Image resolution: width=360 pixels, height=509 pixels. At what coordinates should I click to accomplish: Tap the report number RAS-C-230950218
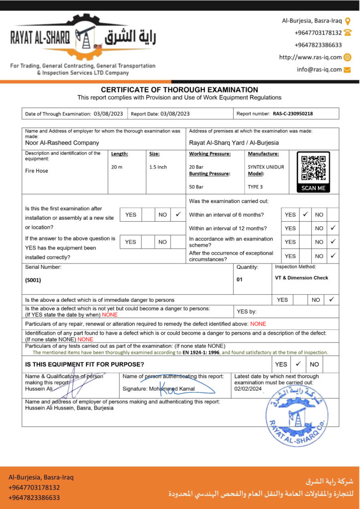(x=293, y=113)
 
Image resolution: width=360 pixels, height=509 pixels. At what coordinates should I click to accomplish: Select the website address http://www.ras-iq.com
(x=310, y=57)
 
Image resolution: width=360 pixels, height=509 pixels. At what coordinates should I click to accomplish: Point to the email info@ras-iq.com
(x=319, y=70)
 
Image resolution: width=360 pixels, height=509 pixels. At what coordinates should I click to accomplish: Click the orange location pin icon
(x=348, y=21)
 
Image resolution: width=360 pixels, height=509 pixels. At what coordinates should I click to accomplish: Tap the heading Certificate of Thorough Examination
(x=180, y=89)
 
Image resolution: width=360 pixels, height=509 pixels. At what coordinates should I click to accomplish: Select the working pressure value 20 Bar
(x=196, y=167)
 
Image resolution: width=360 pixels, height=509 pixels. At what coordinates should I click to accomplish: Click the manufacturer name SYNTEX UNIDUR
(x=266, y=167)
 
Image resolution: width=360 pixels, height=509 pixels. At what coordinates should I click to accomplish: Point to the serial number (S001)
(x=33, y=280)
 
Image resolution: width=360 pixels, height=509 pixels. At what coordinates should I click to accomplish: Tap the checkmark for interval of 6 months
(x=305, y=214)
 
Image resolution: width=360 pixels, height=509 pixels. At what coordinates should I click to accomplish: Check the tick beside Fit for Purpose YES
(x=298, y=364)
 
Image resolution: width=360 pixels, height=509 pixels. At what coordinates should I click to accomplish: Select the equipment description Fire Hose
(x=37, y=170)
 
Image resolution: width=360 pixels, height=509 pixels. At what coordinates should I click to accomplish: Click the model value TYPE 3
(x=255, y=187)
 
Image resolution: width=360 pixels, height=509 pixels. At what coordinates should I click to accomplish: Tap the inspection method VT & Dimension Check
(x=301, y=278)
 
